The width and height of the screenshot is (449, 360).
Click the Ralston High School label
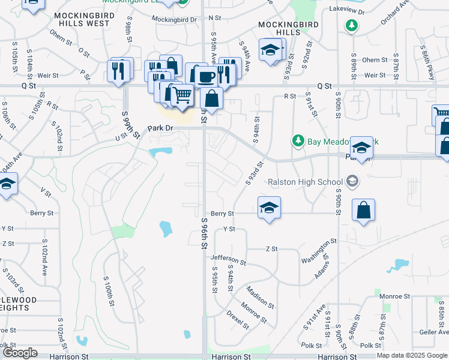304,181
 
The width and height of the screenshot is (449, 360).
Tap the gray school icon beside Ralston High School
352,181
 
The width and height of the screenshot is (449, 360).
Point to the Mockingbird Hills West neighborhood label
82,19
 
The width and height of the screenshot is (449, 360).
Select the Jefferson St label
228,260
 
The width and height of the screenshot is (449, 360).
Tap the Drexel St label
238,319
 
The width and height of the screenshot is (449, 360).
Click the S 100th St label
109,292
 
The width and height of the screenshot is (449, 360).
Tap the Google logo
21,353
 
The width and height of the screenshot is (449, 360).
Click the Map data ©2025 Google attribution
411,355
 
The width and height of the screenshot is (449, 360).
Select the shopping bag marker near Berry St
363,211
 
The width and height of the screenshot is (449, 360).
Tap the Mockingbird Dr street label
174,19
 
